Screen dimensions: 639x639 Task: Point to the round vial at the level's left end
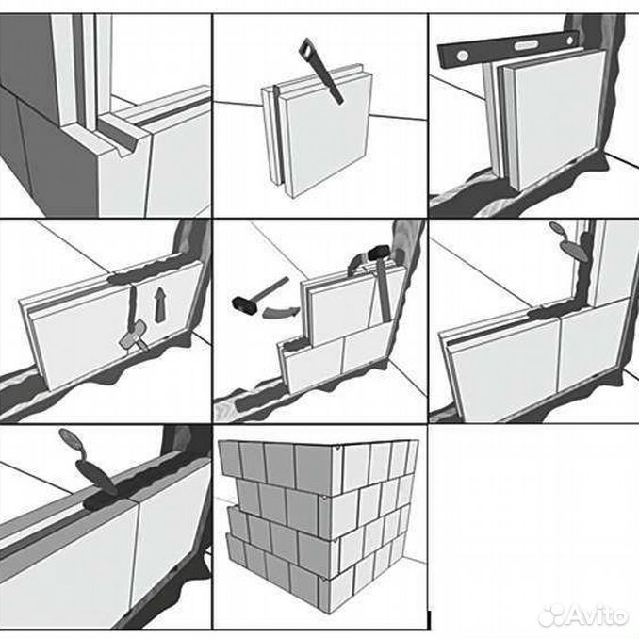(462, 55)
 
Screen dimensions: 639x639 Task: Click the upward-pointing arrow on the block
(161, 305)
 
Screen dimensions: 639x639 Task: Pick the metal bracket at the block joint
(133, 335)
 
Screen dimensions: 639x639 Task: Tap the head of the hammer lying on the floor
(244, 304)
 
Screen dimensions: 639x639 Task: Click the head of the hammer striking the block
(380, 253)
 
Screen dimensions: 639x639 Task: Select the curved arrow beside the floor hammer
(280, 311)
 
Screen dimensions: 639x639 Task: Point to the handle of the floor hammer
(271, 288)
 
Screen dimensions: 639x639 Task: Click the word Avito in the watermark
(597, 614)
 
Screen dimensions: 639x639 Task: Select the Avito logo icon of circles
(551, 614)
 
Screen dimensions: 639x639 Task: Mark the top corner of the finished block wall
(337, 447)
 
